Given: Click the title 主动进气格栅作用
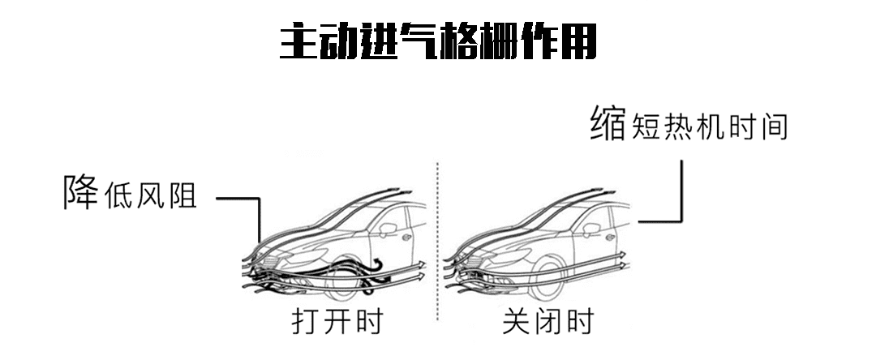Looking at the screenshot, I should tap(437, 41).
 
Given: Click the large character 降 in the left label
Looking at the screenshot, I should tap(81, 191).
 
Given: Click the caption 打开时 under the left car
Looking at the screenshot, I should tap(336, 321).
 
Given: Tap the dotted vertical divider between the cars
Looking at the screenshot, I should tap(438, 243).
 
